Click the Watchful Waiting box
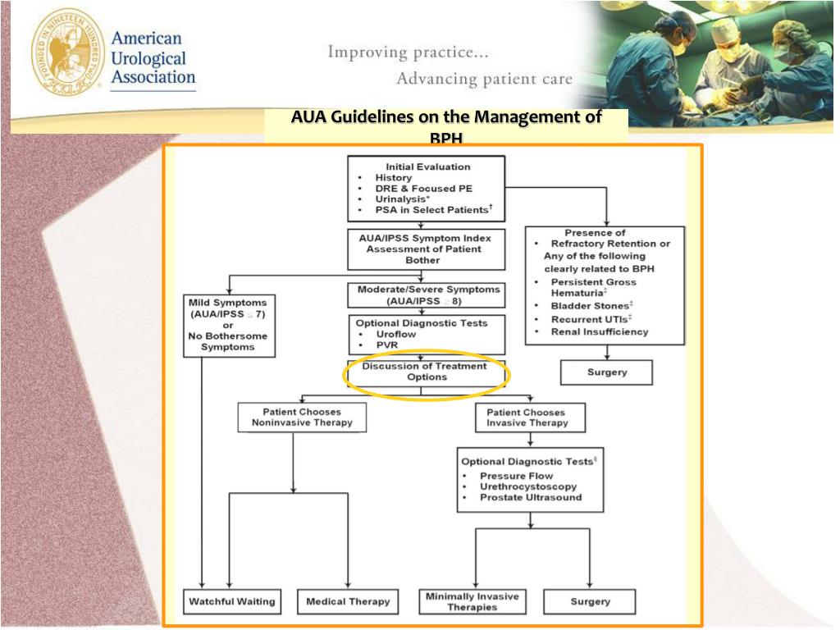[x=232, y=601]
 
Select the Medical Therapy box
[x=348, y=601]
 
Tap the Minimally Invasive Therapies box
[x=472, y=601]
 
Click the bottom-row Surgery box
[x=590, y=601]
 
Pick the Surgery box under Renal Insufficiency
[x=606, y=372]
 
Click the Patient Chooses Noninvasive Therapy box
[x=302, y=417]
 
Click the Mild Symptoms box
[x=228, y=325]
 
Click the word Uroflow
[x=396, y=335]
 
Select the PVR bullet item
[x=386, y=345]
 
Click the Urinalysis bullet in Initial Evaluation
[x=403, y=199]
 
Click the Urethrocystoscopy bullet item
[x=527, y=486]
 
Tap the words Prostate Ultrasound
[x=531, y=497]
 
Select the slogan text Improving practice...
[x=409, y=52]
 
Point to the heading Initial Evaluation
[x=428, y=167]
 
